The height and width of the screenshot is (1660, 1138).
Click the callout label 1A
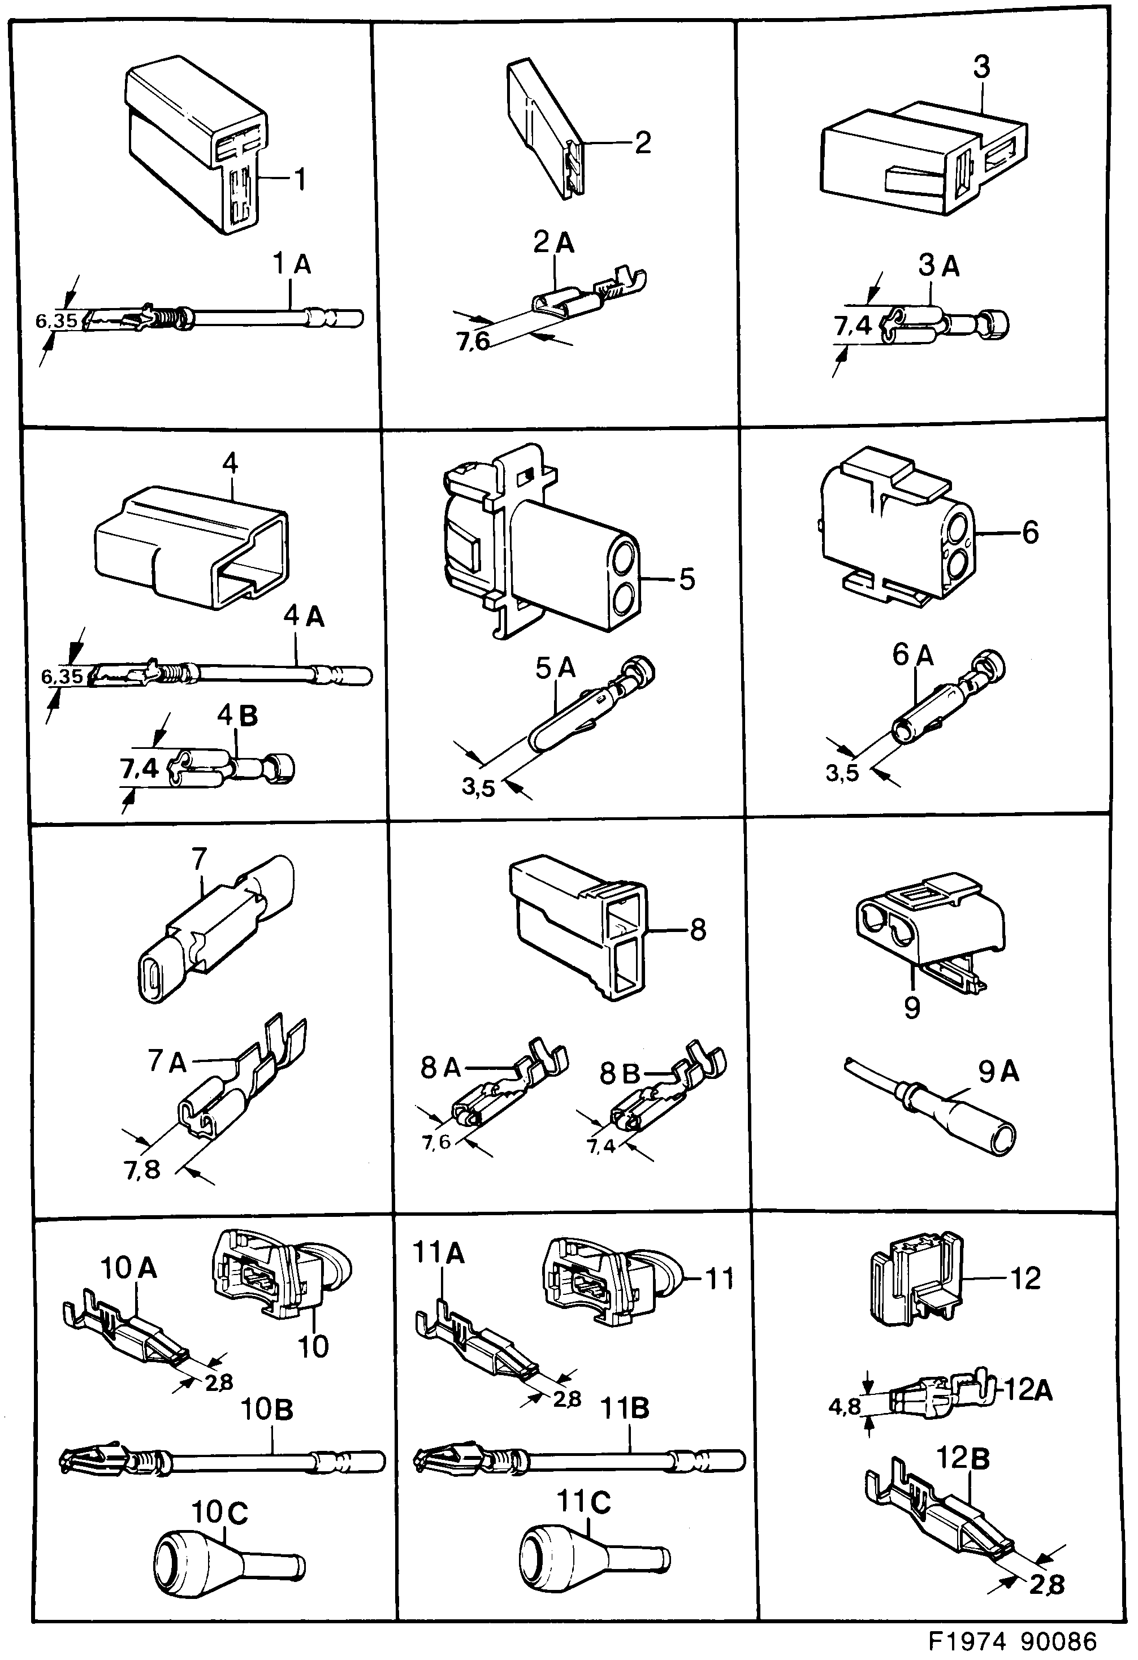(x=292, y=265)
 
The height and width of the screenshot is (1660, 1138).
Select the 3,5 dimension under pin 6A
(x=842, y=773)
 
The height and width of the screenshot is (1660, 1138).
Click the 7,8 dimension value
(x=141, y=1170)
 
